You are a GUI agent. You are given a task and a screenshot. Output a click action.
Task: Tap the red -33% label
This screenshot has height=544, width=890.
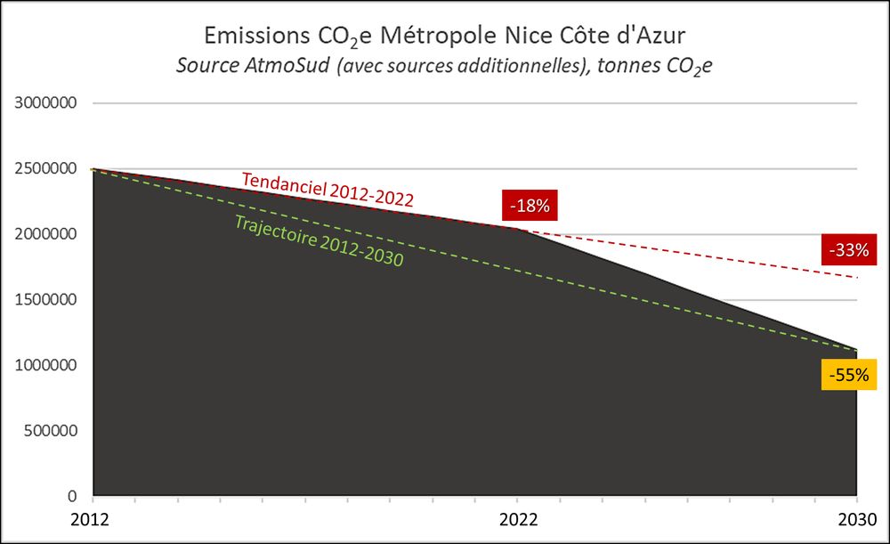pos(848,250)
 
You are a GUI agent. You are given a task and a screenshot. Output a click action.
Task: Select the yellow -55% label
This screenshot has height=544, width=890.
pos(848,375)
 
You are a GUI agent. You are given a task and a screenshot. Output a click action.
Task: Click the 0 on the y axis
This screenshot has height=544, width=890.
pos(75,496)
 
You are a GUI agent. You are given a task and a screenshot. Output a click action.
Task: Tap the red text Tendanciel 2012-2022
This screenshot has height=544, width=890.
pos(328,189)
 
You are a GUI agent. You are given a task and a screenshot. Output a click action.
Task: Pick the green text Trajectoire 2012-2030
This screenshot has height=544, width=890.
pos(320,241)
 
